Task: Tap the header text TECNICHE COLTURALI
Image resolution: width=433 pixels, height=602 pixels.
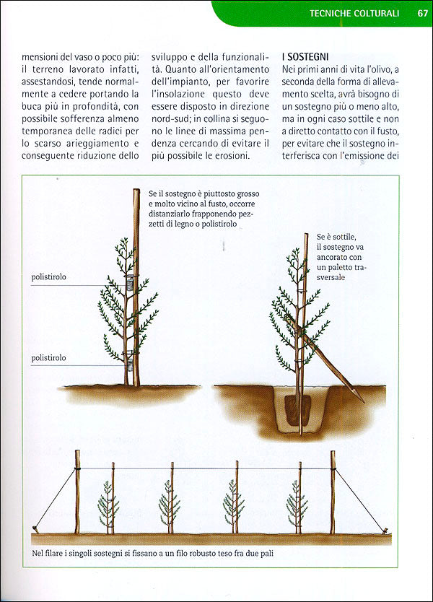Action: [354, 13]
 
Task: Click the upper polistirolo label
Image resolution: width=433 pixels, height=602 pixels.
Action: [49, 276]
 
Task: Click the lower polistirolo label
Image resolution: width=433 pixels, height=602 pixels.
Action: [49, 357]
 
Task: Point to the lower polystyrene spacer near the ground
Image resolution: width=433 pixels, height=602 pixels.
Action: [129, 355]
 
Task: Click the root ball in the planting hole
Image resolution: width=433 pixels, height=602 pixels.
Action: [296, 408]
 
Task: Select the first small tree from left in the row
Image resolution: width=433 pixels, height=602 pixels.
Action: [109, 505]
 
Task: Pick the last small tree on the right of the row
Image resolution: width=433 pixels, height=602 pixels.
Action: [295, 505]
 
